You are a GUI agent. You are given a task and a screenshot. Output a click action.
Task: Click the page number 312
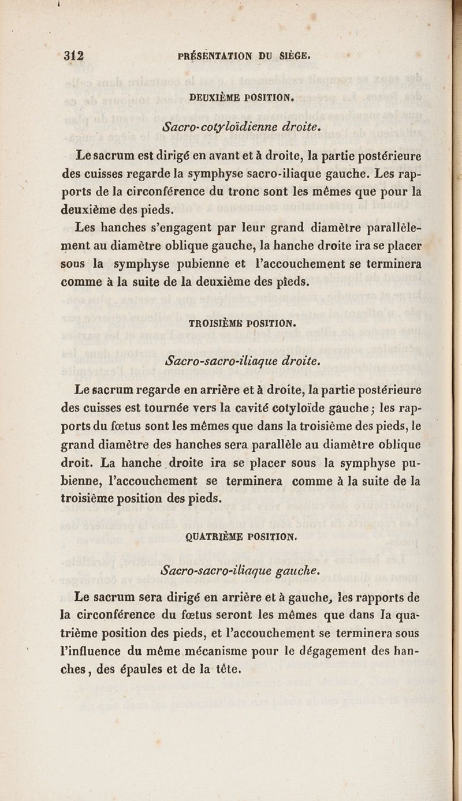[74, 56]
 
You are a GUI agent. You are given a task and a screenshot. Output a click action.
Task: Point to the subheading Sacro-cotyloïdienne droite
[241, 126]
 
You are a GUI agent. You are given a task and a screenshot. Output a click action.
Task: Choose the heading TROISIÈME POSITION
[243, 323]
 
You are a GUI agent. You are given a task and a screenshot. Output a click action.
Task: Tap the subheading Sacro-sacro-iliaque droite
[242, 361]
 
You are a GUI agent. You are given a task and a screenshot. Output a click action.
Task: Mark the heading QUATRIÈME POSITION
[242, 536]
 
